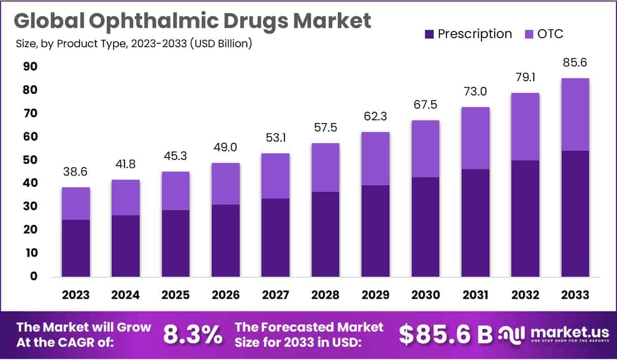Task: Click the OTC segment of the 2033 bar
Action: tap(575, 114)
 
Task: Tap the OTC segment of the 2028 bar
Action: tap(326, 168)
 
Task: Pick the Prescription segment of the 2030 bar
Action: tap(425, 226)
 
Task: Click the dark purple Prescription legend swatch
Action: tap(429, 35)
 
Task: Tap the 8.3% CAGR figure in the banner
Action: tap(192, 334)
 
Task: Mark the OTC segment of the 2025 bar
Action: tap(176, 191)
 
